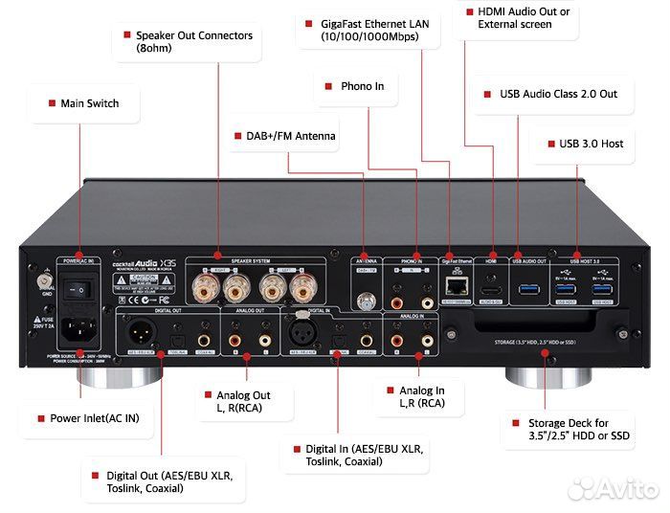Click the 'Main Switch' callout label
[x=89, y=103]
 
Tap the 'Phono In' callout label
[x=362, y=86]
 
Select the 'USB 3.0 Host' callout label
[x=591, y=144]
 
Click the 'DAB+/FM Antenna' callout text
[x=284, y=136]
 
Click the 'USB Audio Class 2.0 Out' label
[x=558, y=95]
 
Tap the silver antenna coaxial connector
[x=365, y=301]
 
